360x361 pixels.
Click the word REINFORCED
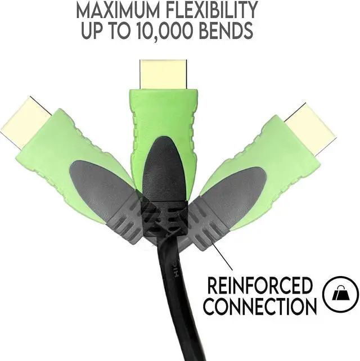point(259,286)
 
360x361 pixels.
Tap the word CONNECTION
point(259,306)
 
